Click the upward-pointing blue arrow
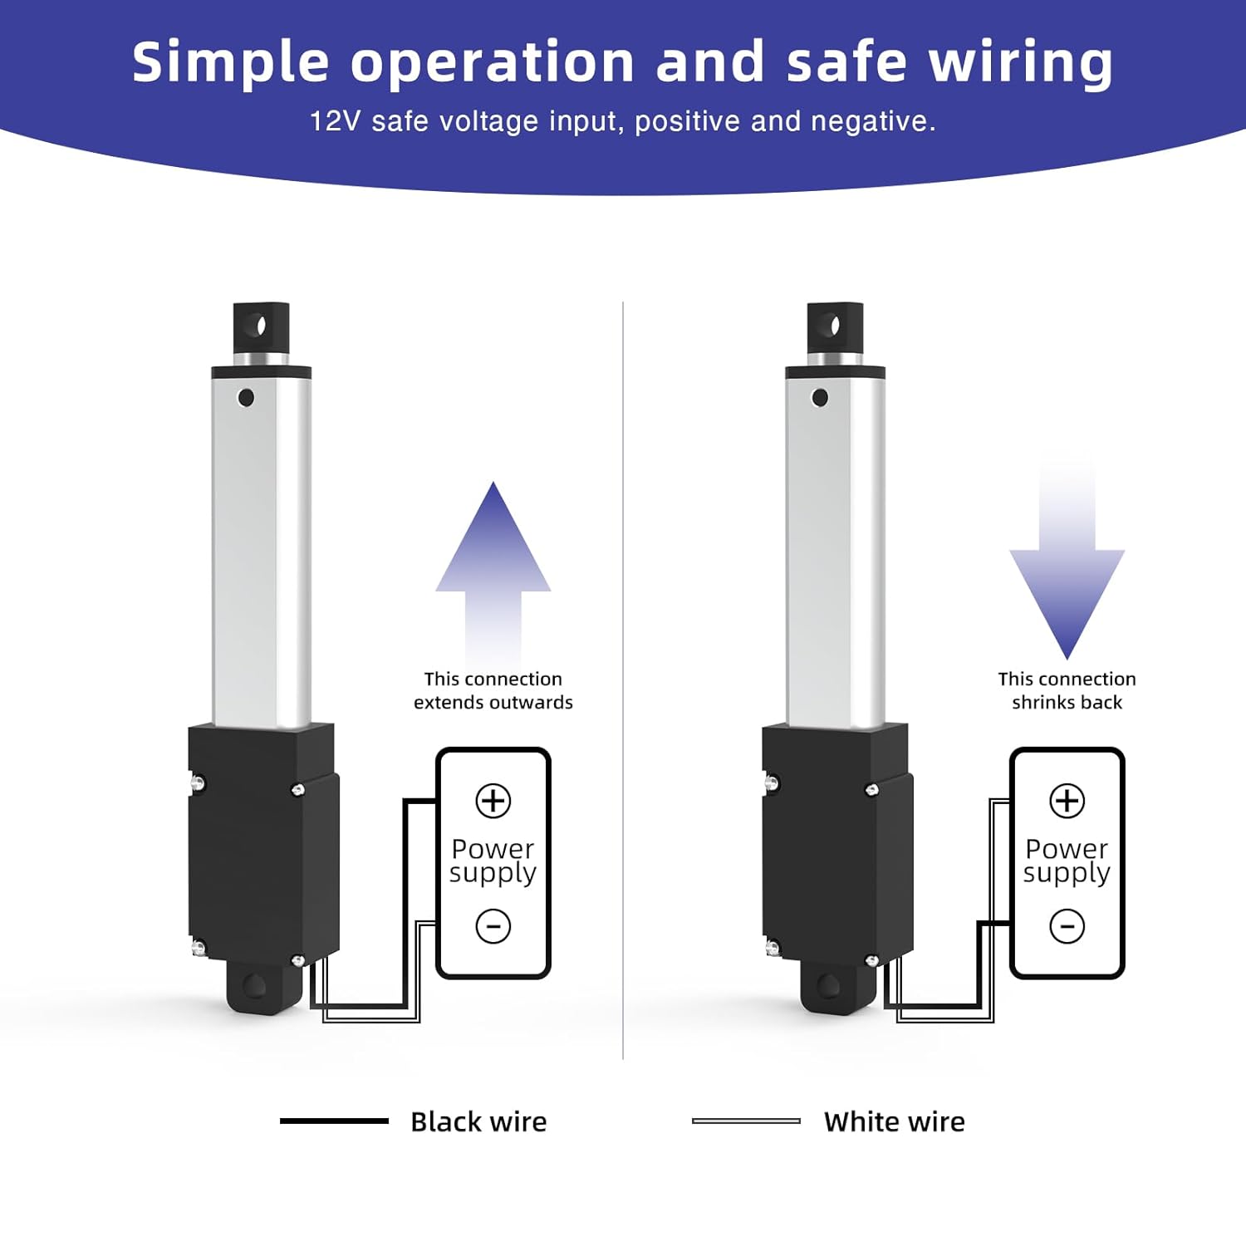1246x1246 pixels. (493, 565)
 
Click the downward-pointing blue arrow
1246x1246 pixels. (1067, 581)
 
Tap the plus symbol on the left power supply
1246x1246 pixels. (493, 801)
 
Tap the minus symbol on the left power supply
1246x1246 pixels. (493, 925)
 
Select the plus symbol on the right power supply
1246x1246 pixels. (1067, 801)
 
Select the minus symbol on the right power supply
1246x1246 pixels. (1067, 925)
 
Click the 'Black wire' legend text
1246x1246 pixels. (478, 1121)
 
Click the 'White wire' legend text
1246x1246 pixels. (894, 1121)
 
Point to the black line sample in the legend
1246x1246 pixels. (334, 1121)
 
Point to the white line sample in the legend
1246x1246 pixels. (746, 1121)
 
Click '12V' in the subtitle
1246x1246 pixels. (335, 121)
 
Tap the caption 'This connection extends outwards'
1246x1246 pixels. (493, 690)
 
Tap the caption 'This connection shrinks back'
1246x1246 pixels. (1067, 690)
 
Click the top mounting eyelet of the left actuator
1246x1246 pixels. (261, 325)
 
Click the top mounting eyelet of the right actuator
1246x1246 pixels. (835, 325)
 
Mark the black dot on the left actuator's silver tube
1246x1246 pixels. (246, 397)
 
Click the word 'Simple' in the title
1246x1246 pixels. (230, 63)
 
